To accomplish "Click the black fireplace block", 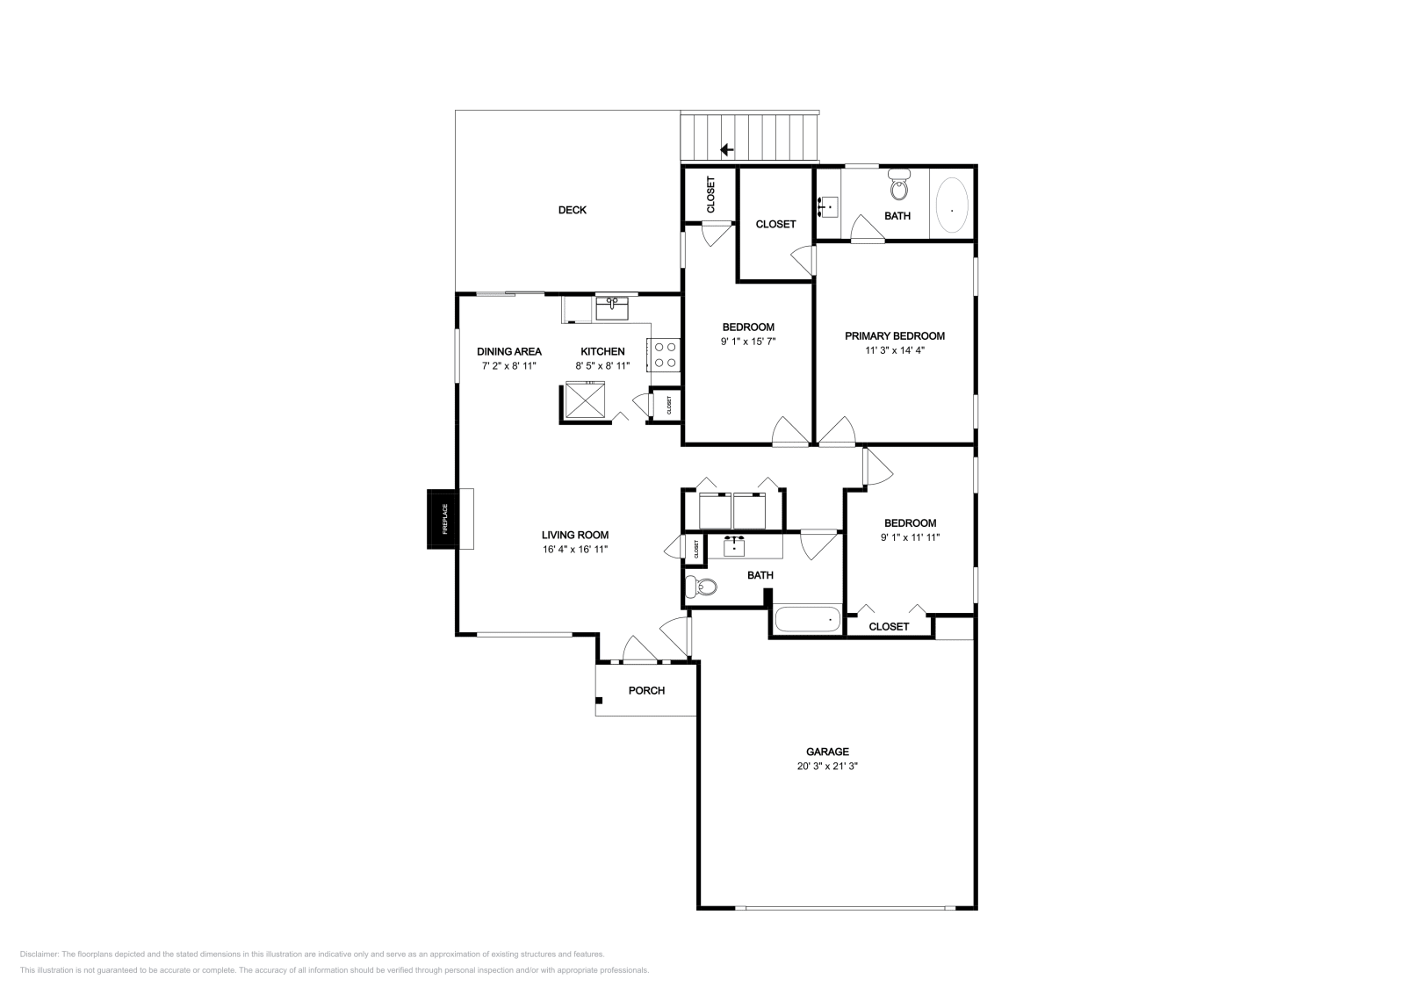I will click(442, 520).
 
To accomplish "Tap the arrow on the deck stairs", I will click(726, 149).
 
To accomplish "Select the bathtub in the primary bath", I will click(952, 208).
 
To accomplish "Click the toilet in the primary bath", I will click(898, 187).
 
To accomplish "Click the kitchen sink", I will click(612, 307).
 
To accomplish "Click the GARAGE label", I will click(827, 752).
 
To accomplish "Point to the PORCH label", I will click(646, 690).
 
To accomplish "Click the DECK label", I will click(572, 210).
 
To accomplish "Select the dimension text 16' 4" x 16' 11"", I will click(575, 549).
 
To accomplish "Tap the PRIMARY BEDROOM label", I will click(894, 335).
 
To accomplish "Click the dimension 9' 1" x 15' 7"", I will click(748, 341).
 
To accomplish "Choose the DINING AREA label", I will click(508, 351).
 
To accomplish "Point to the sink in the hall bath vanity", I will click(734, 545).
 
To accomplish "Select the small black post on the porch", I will click(600, 700).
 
